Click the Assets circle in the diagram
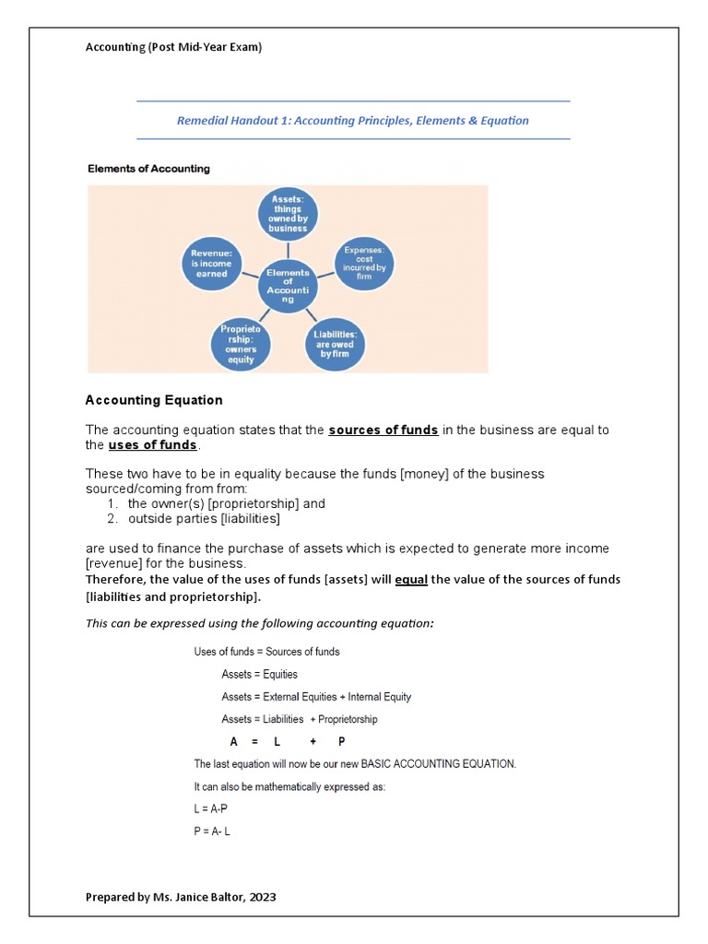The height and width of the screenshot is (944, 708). [288, 213]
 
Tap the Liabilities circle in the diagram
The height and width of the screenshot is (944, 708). [335, 343]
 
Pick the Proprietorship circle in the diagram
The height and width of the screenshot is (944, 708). [242, 343]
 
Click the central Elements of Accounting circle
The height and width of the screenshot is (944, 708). [288, 286]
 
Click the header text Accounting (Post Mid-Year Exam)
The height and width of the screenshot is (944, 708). [173, 47]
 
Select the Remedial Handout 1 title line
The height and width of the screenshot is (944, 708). [353, 121]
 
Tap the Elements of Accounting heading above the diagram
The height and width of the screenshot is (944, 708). [148, 169]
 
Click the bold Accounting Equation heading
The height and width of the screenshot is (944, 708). [154, 400]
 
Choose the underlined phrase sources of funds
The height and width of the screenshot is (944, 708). [383, 431]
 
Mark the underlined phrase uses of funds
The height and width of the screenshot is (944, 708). [152, 445]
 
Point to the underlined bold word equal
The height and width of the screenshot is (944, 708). [411, 580]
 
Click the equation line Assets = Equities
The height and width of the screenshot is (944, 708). [259, 675]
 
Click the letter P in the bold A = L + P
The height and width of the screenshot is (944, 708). [341, 742]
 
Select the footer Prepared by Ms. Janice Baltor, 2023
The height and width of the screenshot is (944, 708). [181, 896]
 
